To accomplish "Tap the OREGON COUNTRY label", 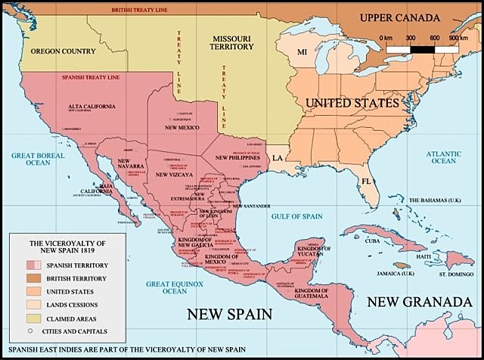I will pyautogui.click(x=63, y=51).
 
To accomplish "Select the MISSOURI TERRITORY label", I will pyautogui.click(x=258, y=41).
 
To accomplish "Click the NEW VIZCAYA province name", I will pyautogui.click(x=173, y=175).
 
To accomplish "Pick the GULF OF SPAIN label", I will pyautogui.click(x=296, y=216).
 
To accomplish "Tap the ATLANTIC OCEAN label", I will pyautogui.click(x=443, y=157).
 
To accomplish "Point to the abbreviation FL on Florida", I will pyautogui.click(x=365, y=182).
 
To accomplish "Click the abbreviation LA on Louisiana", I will pyautogui.click(x=278, y=157).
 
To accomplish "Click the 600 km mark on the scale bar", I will pyautogui.click(x=434, y=37).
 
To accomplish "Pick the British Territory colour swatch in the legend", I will pyautogui.click(x=33, y=278).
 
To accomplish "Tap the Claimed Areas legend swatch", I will pyautogui.click(x=33, y=318).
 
